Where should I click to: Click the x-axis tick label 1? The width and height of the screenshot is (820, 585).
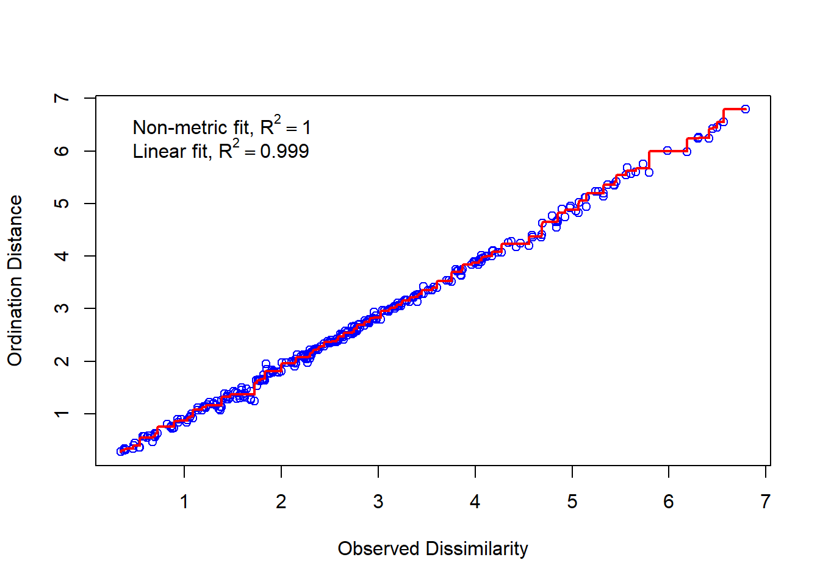click(x=184, y=502)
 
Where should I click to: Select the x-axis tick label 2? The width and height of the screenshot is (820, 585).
click(x=281, y=502)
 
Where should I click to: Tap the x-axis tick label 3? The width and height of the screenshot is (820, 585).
click(x=378, y=502)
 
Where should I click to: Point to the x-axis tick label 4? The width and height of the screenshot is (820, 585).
click(x=475, y=502)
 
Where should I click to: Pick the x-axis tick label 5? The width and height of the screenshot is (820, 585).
click(x=572, y=502)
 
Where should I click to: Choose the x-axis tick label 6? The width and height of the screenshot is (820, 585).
click(x=669, y=502)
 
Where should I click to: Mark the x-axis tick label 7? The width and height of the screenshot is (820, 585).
click(x=766, y=502)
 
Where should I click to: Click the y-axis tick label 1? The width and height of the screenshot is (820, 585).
click(x=62, y=414)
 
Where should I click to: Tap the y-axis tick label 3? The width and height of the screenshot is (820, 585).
click(x=62, y=308)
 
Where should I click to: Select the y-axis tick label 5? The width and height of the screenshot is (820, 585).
click(x=62, y=203)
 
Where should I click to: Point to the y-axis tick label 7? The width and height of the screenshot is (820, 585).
click(x=62, y=98)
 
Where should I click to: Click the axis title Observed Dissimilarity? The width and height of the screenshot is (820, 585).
click(x=433, y=548)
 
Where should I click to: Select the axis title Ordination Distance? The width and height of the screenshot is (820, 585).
click(x=15, y=280)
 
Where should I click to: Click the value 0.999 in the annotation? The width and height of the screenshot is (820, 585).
click(x=284, y=151)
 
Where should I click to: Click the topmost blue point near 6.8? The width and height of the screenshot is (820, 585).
click(x=745, y=109)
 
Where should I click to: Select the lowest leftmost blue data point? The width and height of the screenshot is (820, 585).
click(x=121, y=452)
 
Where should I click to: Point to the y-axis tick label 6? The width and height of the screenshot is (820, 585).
click(x=62, y=151)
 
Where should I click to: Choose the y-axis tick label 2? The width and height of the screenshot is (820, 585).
click(x=62, y=361)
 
